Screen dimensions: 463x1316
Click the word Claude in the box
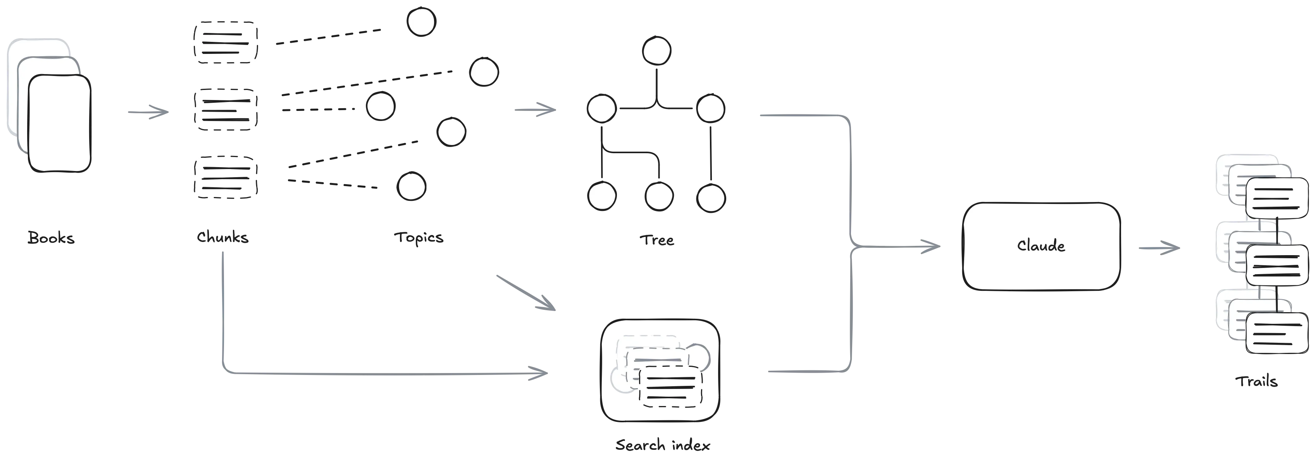click(1040, 246)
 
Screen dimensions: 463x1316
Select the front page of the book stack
click(59, 124)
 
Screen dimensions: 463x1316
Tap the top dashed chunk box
click(225, 42)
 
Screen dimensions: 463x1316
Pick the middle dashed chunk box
click(226, 109)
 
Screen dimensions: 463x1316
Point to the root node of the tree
click(657, 50)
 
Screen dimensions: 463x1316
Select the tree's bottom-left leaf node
click(602, 197)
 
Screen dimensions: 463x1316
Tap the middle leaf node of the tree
click(658, 197)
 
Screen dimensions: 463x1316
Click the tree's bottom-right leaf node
click(711, 198)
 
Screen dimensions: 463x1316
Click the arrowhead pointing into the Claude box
click(932, 247)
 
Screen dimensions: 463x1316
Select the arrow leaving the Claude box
click(1159, 248)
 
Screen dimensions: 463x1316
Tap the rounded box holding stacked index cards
click(660, 370)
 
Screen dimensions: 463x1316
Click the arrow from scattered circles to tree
click(536, 109)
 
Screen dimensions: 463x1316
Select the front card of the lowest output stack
click(1276, 333)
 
